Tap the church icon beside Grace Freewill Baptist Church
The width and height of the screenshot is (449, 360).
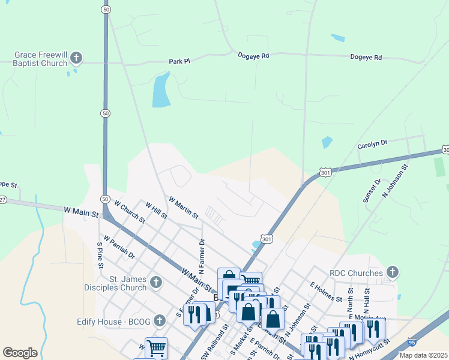tap(76, 58)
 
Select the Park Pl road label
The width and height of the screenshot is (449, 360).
tap(179, 61)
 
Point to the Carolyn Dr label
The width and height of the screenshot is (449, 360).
tap(372, 144)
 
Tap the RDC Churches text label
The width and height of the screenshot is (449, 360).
tap(356, 273)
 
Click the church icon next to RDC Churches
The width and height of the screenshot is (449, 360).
tap(393, 273)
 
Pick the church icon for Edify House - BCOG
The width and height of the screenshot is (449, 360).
tap(160, 321)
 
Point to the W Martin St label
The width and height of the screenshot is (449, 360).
tap(183, 207)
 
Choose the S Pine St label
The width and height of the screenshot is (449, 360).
tap(100, 255)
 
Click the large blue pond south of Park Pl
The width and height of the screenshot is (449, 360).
tap(161, 90)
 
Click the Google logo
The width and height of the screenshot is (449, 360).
tap(20, 353)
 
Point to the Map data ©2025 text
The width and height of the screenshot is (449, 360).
tap(423, 355)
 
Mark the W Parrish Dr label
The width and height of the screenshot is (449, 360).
tap(119, 247)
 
